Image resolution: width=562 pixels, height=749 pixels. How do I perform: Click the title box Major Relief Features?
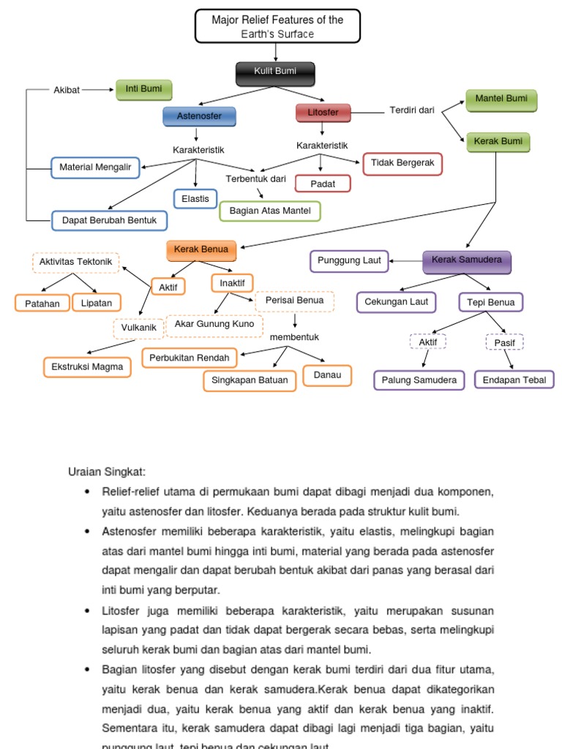pos(277,26)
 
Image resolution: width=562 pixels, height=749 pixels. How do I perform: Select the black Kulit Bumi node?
pos(275,72)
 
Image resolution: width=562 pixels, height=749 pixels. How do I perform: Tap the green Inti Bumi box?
pos(143,89)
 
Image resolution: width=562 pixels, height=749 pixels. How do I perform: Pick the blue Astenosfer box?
pos(199,116)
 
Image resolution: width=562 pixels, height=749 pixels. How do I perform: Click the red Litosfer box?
pos(323,113)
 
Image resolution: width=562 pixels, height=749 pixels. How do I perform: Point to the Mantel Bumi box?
pos(501,99)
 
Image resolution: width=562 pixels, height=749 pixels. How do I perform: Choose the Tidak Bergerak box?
pos(402,163)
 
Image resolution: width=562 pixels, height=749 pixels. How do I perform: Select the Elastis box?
pos(195,198)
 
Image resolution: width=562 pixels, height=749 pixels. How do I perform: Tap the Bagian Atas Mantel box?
pos(270,211)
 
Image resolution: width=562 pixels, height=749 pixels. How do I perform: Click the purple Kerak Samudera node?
pos(467,260)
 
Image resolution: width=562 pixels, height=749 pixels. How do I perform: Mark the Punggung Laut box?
pos(350,260)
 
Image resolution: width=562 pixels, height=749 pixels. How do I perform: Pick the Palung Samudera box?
pos(419,380)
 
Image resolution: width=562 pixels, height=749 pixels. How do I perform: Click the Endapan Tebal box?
pos(514,380)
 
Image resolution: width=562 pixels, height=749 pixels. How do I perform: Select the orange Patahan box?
pos(42,303)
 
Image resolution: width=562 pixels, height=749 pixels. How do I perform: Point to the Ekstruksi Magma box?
pos(87,366)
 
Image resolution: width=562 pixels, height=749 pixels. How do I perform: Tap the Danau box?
pos(327,376)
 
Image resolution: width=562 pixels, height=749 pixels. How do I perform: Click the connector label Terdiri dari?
pos(412,110)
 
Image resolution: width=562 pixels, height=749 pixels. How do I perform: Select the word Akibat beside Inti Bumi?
pos(67,90)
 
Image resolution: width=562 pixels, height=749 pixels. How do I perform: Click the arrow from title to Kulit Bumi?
pos(276,52)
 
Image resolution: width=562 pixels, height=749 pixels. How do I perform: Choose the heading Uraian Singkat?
pos(107,472)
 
